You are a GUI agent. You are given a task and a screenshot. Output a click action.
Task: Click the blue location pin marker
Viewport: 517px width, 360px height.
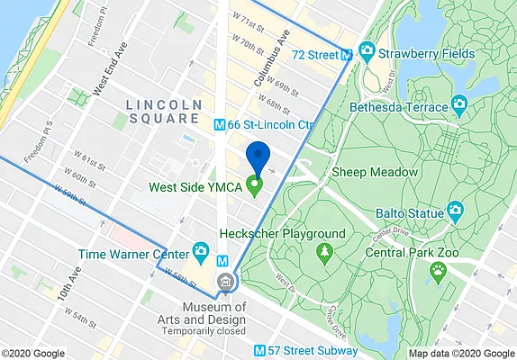point(258,157)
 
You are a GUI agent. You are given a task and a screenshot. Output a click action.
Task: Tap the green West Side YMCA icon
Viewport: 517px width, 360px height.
point(254,188)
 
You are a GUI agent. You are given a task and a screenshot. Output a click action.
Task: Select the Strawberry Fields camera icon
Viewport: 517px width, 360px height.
point(367,50)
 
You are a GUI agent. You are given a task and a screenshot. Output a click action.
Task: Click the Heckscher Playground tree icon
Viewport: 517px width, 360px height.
point(322,254)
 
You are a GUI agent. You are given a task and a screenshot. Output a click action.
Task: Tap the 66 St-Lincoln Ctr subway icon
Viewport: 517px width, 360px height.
point(219,124)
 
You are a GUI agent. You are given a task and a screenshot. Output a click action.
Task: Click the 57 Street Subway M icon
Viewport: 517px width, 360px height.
point(259,350)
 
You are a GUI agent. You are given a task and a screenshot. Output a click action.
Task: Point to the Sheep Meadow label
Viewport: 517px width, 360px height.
point(375,171)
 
